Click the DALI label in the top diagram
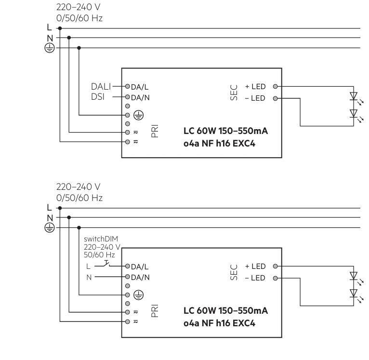point(101,87)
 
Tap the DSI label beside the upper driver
point(98,97)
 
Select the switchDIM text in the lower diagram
point(101,239)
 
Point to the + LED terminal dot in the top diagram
point(275,86)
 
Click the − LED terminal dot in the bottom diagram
point(275,278)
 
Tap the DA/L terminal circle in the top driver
point(128,86)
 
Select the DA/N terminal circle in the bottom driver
point(128,277)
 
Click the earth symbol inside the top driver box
point(138,115)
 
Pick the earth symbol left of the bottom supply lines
point(50,227)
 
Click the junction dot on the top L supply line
point(60,28)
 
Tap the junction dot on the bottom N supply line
point(69,217)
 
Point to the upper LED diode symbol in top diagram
point(354,96)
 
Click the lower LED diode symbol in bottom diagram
point(354,293)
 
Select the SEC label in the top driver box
point(234,93)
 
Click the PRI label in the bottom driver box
point(155,311)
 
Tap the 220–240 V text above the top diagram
point(79,7)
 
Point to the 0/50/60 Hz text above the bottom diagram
point(79,198)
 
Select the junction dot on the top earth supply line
point(79,48)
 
